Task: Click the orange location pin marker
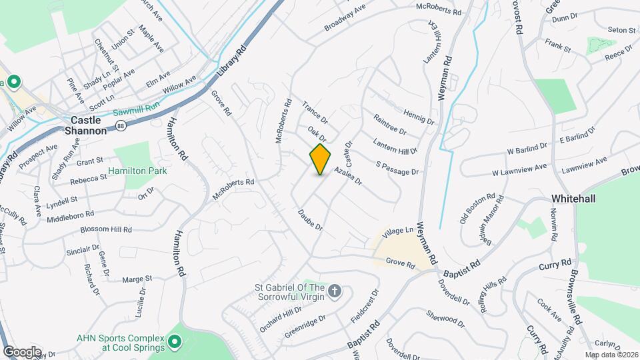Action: click(321, 159)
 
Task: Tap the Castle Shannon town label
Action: click(85, 125)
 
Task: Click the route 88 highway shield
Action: click(119, 125)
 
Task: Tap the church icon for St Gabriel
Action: click(336, 291)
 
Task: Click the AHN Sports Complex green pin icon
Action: click(175, 343)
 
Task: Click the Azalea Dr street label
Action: click(347, 177)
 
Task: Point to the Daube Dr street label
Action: click(310, 219)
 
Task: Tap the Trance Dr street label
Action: click(315, 112)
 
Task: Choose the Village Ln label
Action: click(399, 231)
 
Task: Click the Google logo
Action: click(22, 351)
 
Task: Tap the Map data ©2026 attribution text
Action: click(611, 355)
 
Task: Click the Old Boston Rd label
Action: click(477, 209)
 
